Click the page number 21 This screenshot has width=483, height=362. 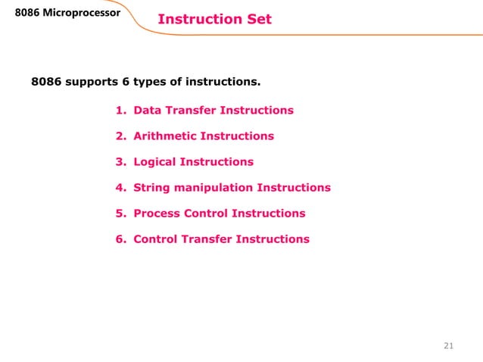click(x=447, y=346)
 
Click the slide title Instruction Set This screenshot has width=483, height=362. click(x=214, y=18)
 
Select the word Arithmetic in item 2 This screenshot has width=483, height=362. click(x=166, y=136)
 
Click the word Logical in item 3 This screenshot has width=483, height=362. click(x=157, y=162)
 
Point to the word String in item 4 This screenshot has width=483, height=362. click(x=151, y=188)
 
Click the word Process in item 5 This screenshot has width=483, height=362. click(x=157, y=214)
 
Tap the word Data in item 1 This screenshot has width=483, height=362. click(x=147, y=111)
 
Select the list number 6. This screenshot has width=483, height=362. click(x=120, y=239)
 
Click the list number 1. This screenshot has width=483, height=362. click(x=120, y=111)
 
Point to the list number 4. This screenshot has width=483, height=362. click(x=120, y=188)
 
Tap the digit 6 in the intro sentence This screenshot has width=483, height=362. click(x=126, y=80)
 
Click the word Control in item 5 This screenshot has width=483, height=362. click(x=207, y=214)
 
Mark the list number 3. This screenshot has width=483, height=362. click(x=120, y=162)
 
